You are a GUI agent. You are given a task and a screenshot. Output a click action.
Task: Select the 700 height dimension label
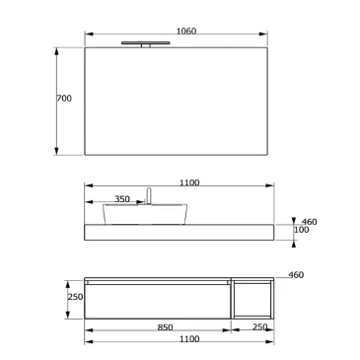coord(65,99)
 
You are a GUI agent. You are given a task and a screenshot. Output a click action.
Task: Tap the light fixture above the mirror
coord(145,42)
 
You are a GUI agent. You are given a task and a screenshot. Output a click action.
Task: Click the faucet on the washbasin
coord(148,195)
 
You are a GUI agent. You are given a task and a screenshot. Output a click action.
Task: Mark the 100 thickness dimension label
coord(303,232)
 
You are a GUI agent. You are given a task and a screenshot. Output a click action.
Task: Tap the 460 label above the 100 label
coord(307,222)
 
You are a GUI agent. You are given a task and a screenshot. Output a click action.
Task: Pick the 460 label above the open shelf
coord(296,275)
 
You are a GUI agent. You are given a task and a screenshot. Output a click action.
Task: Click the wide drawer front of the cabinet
coord(158,302)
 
